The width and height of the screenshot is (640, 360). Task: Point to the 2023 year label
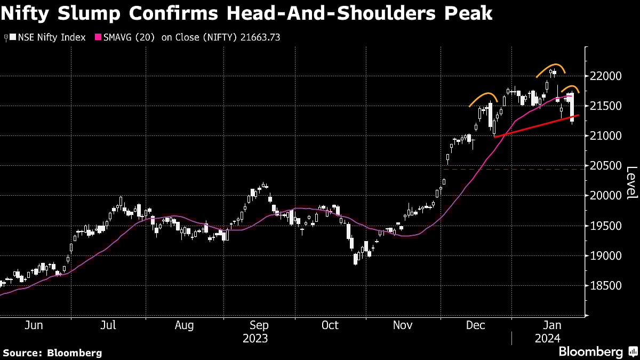[255, 339]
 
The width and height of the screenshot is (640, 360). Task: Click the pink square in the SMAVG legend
[98, 37]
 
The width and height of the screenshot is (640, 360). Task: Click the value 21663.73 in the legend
[260, 37]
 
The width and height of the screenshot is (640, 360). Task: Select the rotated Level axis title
[631, 183]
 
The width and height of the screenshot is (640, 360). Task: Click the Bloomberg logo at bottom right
[590, 351]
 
